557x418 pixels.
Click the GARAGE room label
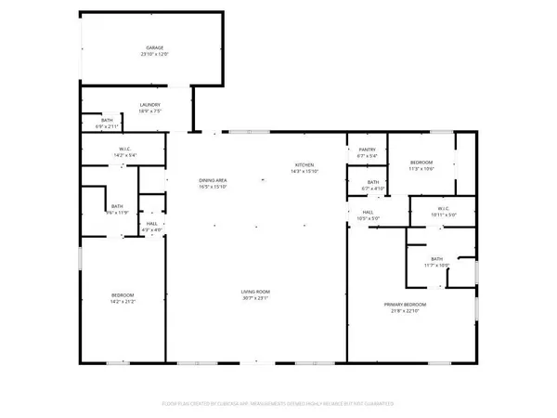click(x=153, y=46)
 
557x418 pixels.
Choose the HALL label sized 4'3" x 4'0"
click(x=151, y=224)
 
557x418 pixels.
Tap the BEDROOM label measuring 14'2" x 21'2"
click(x=123, y=294)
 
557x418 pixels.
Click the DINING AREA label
click(x=213, y=180)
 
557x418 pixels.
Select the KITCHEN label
click(x=305, y=164)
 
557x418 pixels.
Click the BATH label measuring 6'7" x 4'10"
click(x=372, y=182)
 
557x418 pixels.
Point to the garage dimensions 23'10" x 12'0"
click(x=153, y=53)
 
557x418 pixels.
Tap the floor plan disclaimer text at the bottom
click(x=278, y=403)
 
